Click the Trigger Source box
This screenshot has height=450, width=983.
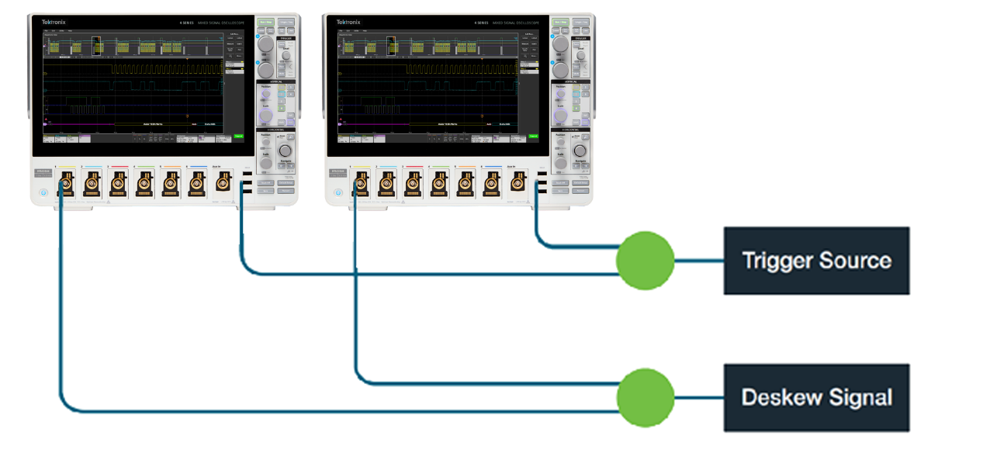pyautogui.click(x=816, y=261)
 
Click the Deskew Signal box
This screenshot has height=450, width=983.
pyautogui.click(x=816, y=397)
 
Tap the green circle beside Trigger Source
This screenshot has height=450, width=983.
pyautogui.click(x=645, y=261)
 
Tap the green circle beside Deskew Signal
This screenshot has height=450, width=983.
pyautogui.click(x=645, y=397)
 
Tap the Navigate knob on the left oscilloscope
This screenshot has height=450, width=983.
pyautogui.click(x=286, y=151)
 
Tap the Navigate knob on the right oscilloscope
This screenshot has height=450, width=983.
pyautogui.click(x=580, y=151)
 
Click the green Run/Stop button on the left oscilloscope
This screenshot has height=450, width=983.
pyautogui.click(x=266, y=23)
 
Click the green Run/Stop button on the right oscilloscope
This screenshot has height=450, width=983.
pyautogui.click(x=560, y=23)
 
